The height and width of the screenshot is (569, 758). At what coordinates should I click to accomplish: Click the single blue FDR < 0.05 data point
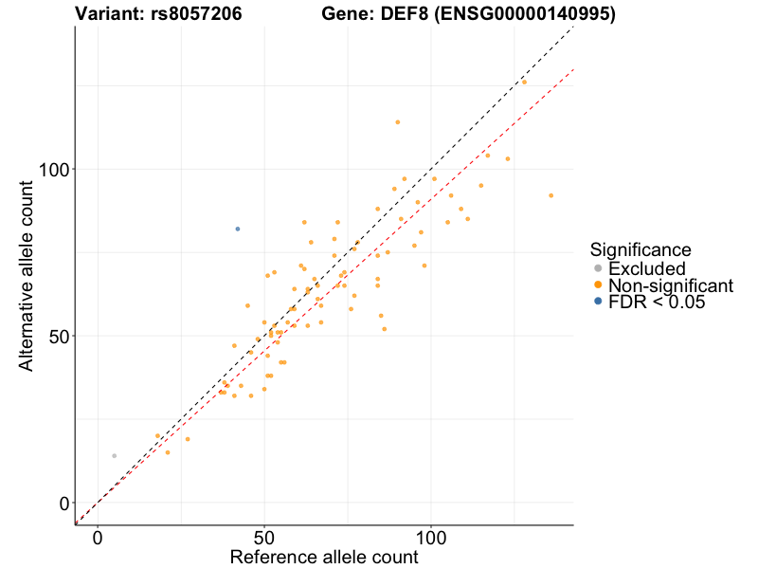(238, 229)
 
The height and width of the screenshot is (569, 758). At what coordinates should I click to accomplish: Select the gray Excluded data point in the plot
(115, 455)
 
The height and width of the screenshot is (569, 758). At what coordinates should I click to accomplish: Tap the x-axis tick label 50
(264, 537)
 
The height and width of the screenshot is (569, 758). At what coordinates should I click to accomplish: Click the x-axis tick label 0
(98, 537)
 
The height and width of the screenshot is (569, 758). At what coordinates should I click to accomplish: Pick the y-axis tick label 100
(52, 169)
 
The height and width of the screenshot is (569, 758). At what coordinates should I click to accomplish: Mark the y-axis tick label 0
(63, 503)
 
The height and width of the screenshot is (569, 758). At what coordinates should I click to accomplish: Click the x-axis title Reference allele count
(324, 557)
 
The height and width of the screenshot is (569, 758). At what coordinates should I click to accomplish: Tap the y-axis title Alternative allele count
(27, 275)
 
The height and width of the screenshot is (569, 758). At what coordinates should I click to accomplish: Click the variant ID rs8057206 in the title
(195, 14)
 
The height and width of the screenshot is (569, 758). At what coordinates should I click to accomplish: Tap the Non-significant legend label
(671, 285)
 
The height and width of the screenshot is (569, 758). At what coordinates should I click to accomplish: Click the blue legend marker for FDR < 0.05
(598, 302)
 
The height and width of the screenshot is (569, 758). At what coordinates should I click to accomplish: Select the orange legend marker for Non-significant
(598, 285)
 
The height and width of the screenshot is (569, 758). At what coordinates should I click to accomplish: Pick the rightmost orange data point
(550, 195)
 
